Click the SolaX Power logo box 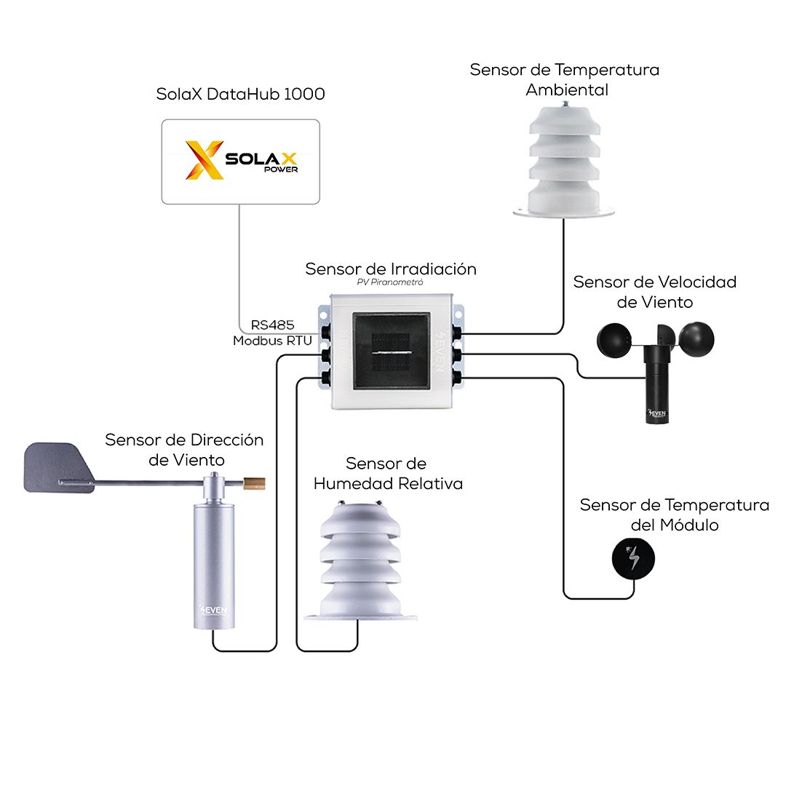coord(240,161)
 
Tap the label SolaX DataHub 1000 coord(240,95)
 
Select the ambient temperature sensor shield coord(564,164)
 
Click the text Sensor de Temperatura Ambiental coord(565,79)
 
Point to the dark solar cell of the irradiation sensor coord(392,352)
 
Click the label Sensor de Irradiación coord(391,269)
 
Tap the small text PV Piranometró coord(391,282)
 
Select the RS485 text coord(272,325)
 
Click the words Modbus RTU coord(272,340)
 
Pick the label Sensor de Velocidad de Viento coord(655,291)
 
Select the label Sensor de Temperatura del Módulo coord(674,515)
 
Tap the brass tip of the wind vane coord(255,481)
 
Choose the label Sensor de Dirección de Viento coord(184,449)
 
